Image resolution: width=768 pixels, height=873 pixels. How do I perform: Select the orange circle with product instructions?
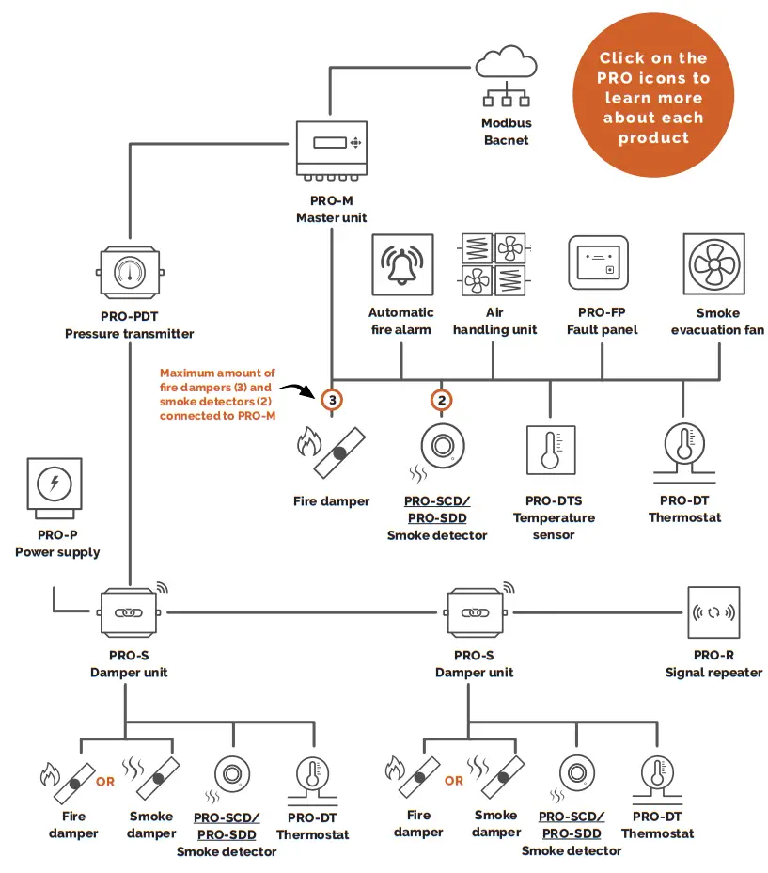653,97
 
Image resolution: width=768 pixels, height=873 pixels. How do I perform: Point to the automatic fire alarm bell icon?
402,265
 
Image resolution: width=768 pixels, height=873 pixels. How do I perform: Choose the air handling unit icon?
494,265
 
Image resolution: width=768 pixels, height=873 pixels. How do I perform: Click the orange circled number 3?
331,399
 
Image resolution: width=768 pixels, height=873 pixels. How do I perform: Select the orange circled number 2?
442,399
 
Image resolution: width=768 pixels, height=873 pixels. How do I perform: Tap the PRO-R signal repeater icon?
713,612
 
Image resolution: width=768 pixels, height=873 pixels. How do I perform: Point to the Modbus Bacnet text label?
507,132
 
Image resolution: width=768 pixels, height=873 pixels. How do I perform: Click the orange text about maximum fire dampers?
217,394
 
